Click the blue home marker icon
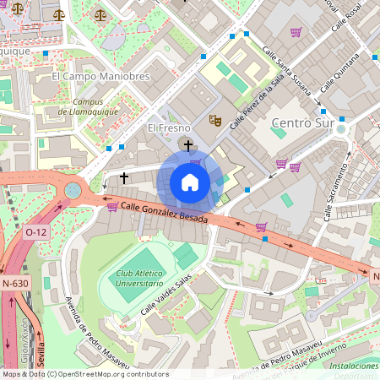coord(190,182)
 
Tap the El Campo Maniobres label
coord(100,76)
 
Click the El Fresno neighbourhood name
coord(166,128)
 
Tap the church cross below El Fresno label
coord(187,145)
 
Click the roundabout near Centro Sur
coord(342,129)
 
